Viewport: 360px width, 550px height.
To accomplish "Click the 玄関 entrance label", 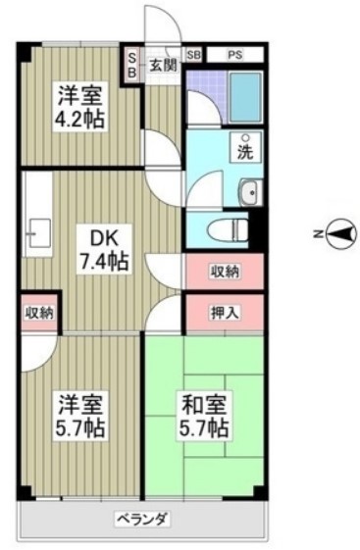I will click(x=163, y=67).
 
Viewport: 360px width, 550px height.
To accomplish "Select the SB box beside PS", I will click(x=192, y=56).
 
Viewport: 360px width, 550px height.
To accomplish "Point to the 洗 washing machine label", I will click(x=247, y=153).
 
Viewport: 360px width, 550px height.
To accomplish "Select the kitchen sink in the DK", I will click(x=39, y=233).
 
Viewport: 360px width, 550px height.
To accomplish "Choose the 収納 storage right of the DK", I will click(x=225, y=272).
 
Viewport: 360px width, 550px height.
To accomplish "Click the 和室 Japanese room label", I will click(x=205, y=403).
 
